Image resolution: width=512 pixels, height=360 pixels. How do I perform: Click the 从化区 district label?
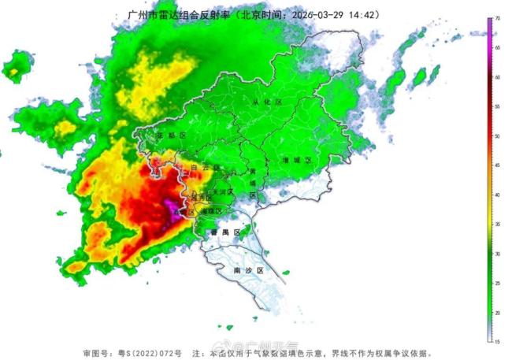(x=261, y=102)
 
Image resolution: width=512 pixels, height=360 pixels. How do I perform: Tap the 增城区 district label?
(x=297, y=160)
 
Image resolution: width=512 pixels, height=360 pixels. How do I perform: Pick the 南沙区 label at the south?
(x=248, y=269)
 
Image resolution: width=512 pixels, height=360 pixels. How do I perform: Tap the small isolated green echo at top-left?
(x=14, y=69)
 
